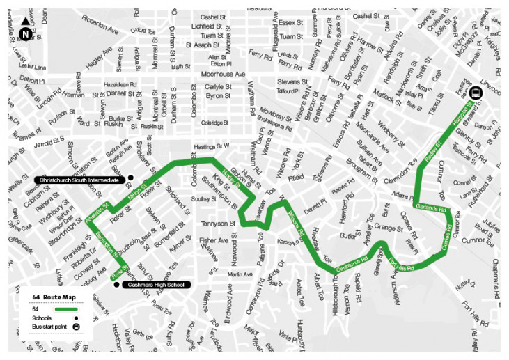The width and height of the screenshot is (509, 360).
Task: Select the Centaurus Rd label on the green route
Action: [352, 267]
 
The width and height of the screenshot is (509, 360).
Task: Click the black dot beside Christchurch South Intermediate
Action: [130, 178]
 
